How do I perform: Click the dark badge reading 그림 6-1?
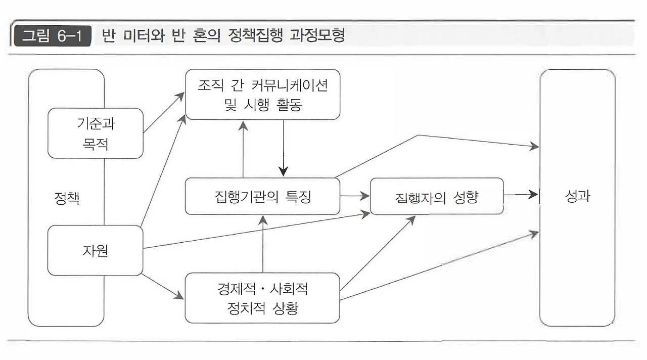[x=53, y=36]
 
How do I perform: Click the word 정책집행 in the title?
[x=255, y=35]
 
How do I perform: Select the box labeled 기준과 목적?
[x=96, y=133]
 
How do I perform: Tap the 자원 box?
[x=96, y=250]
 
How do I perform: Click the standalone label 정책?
[x=67, y=198]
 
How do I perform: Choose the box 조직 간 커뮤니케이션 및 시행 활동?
[x=262, y=95]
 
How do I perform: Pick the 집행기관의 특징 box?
[x=262, y=196]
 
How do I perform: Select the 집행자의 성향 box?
[x=437, y=196]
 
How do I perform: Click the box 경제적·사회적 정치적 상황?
[x=262, y=298]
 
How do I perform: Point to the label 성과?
[x=578, y=196]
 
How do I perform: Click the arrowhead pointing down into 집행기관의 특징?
[x=284, y=171]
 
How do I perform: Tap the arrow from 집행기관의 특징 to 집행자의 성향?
[x=355, y=196]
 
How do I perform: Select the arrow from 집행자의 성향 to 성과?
[x=521, y=195]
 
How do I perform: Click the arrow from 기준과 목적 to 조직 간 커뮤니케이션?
[x=164, y=112]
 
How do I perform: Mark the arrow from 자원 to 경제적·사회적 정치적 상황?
[x=163, y=286]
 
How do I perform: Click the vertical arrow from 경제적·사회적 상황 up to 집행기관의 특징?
[x=263, y=244]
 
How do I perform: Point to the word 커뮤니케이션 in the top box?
[x=290, y=85]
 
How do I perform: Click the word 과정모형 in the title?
[x=317, y=35]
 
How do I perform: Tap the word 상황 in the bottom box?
[x=285, y=308]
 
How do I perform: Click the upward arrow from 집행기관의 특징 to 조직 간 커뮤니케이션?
[x=243, y=149]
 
